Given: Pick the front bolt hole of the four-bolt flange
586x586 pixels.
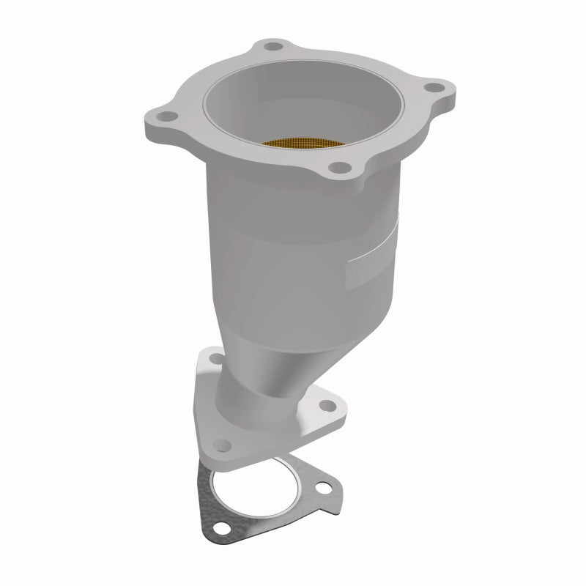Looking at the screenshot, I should [340, 169].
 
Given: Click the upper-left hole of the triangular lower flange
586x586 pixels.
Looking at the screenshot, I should [215, 359].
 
